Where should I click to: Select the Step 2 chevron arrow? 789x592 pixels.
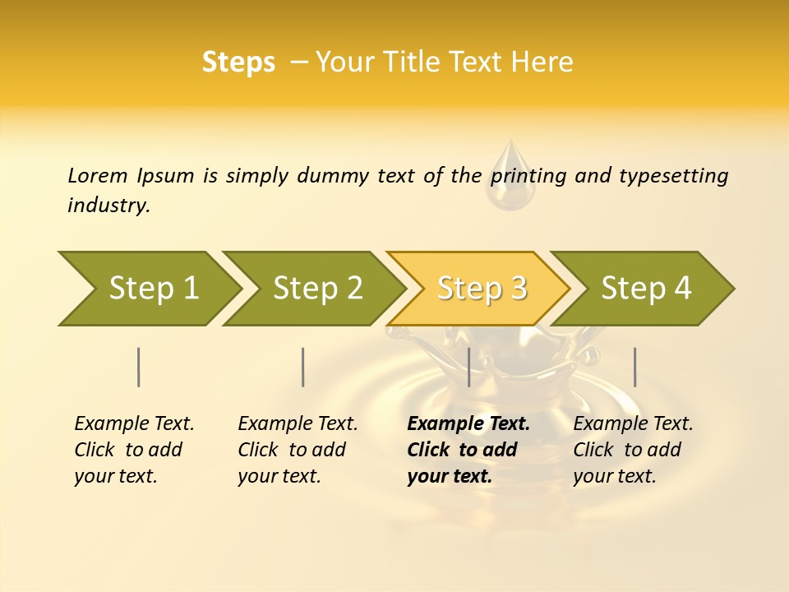[x=317, y=289]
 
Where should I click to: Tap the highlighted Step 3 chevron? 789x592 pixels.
[x=482, y=289]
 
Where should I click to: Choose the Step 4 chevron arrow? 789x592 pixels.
[x=646, y=289]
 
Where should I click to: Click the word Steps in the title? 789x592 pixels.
[x=238, y=62]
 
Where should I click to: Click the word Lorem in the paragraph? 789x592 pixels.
[x=97, y=175]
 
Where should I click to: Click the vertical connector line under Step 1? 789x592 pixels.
[x=139, y=367]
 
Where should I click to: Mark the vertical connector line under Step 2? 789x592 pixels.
[x=303, y=367]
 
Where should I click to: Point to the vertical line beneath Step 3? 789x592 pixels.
[x=468, y=367]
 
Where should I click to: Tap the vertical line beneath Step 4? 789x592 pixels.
[x=634, y=367]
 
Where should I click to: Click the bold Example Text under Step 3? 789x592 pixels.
[x=468, y=423]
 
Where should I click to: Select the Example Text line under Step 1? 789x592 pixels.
[x=134, y=423]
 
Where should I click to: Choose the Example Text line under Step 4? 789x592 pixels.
[x=633, y=423]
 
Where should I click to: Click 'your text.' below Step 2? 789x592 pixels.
[x=279, y=476]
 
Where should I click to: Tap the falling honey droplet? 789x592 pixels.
[x=510, y=179]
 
